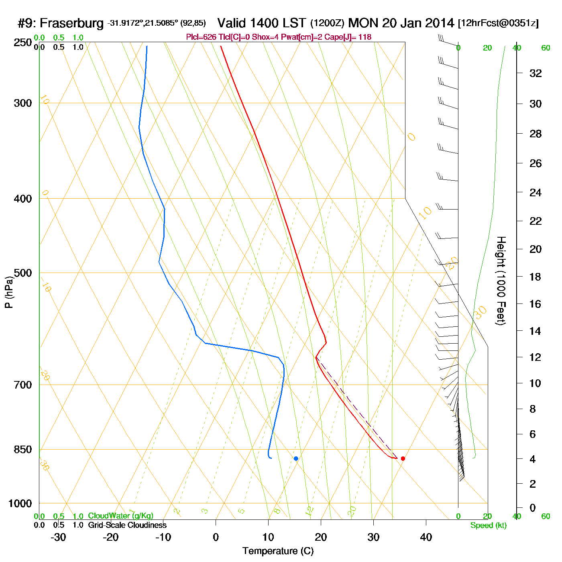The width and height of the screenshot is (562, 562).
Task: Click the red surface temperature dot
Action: (x=403, y=458)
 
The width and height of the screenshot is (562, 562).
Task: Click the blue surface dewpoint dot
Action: (x=296, y=458)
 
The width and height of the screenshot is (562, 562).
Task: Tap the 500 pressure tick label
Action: (x=23, y=273)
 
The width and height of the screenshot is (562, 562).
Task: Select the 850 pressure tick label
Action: (x=23, y=450)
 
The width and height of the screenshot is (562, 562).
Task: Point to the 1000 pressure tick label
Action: (x=20, y=503)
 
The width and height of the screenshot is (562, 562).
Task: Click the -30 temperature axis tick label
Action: (x=58, y=537)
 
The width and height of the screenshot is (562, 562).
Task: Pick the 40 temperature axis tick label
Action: (x=426, y=537)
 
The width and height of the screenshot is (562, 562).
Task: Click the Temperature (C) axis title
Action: (x=278, y=551)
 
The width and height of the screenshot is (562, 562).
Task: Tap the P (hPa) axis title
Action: (x=9, y=292)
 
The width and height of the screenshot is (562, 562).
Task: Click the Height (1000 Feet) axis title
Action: (x=501, y=281)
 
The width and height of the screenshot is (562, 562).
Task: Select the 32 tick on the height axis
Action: (x=536, y=73)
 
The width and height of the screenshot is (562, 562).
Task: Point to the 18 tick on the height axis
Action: (x=536, y=277)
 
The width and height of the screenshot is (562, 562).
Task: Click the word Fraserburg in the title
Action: (x=72, y=23)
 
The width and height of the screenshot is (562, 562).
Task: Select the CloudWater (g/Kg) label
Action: (x=120, y=516)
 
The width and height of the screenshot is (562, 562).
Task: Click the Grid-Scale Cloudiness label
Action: (x=127, y=525)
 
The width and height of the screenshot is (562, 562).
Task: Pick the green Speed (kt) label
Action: (x=489, y=525)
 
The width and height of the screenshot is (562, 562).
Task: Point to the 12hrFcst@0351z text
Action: (x=498, y=23)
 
